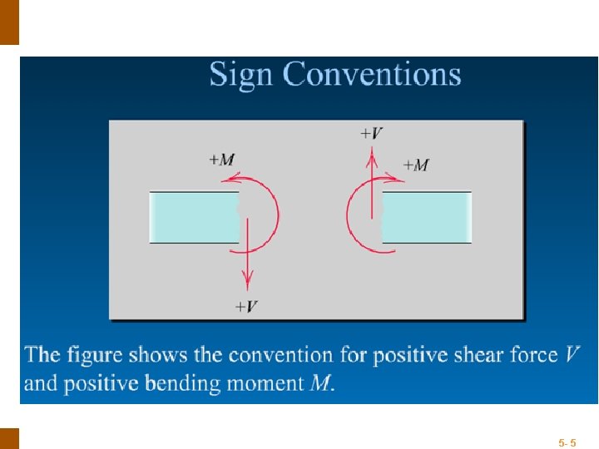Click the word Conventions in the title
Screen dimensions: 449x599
pos(374,74)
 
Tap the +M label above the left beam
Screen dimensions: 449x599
pos(221,160)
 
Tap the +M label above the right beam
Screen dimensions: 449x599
pos(416,165)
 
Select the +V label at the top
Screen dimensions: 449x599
pos(371,132)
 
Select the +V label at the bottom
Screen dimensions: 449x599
pos(245,306)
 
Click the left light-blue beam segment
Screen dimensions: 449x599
pos(194,217)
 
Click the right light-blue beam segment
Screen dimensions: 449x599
pos(427,217)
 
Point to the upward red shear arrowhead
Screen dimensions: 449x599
pos(372,150)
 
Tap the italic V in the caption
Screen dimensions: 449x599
pos(572,356)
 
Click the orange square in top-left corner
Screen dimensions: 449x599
pos(8,22)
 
